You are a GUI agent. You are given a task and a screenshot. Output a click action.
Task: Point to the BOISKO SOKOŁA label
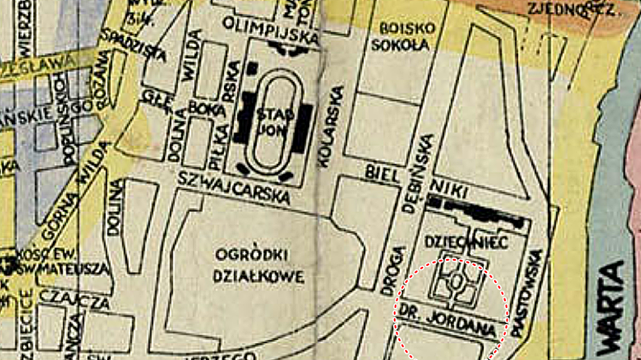click(x=407, y=36)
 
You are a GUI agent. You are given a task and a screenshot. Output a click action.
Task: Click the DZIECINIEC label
click(x=467, y=243)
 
